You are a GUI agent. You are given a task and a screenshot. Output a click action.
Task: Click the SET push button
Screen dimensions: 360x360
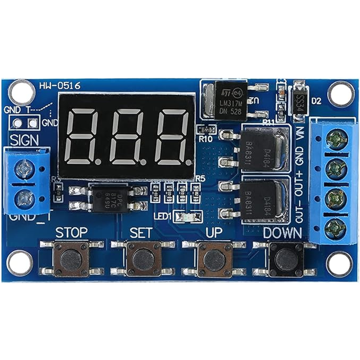click(142, 258)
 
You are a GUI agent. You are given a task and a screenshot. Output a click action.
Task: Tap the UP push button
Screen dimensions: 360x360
click(214, 258)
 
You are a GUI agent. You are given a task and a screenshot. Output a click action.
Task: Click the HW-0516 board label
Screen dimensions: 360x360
click(60, 86)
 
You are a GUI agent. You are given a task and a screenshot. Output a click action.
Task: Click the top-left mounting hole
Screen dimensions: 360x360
click(19, 91)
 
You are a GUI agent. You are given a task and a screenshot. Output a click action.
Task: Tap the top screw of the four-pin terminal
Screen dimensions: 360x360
click(334, 138)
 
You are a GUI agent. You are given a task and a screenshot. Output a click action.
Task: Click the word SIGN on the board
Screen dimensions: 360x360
click(24, 140)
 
